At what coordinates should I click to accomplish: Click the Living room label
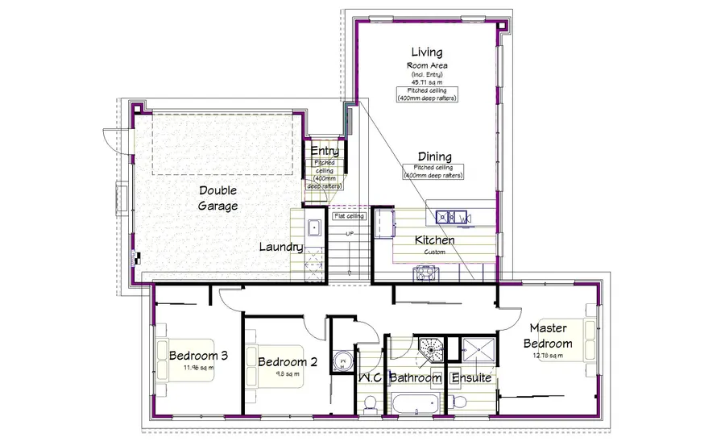[426, 53]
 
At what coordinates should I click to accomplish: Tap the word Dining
[433, 156]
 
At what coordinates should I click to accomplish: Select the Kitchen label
[434, 240]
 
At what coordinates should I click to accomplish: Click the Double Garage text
[218, 199]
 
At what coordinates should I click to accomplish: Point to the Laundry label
[281, 248]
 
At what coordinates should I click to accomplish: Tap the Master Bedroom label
[550, 336]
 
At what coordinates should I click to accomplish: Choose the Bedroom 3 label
[197, 355]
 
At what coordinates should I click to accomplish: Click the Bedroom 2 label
[287, 362]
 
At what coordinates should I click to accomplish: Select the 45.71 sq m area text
[426, 82]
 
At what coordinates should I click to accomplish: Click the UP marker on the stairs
[349, 234]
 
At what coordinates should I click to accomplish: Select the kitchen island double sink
[453, 217]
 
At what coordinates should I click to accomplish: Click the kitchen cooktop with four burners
[424, 274]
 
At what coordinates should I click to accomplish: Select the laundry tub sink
[315, 227]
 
